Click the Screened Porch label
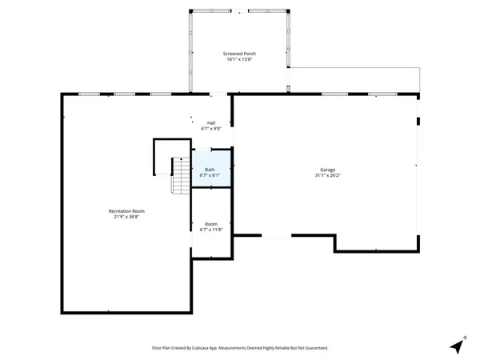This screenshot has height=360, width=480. [x=239, y=53]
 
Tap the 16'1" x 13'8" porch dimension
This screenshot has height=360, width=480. [x=239, y=59]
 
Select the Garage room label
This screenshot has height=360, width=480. [x=327, y=170]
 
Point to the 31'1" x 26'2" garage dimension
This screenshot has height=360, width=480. [x=327, y=176]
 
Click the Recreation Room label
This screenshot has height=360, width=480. [x=126, y=210]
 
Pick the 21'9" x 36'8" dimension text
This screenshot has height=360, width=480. [x=126, y=217]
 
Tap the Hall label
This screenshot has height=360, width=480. [x=211, y=122]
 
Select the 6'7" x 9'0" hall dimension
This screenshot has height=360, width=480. [x=211, y=129]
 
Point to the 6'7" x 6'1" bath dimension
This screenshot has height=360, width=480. [x=210, y=175]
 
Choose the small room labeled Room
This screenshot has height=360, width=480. [x=211, y=224]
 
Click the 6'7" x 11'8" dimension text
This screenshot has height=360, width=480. [x=211, y=230]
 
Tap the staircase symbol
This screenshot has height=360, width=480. [x=181, y=176]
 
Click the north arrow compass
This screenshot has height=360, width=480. [x=457, y=345]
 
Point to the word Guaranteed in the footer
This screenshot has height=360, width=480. [x=313, y=348]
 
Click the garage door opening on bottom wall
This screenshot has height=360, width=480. [x=277, y=235]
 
